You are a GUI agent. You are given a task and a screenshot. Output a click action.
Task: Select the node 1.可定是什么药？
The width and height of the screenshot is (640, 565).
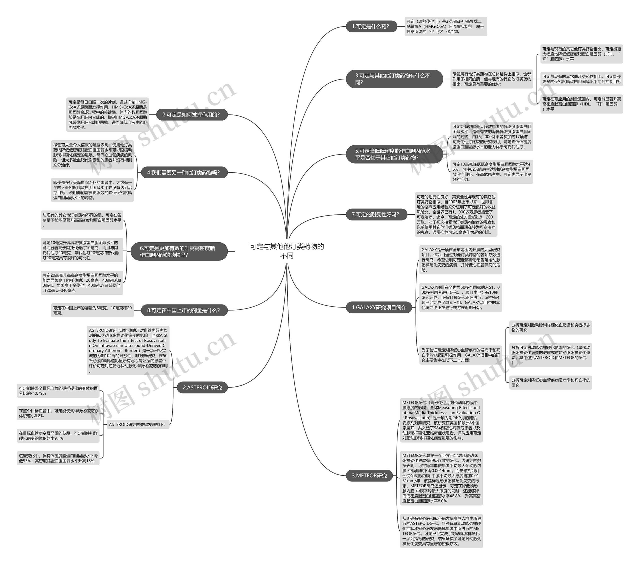point(371,26)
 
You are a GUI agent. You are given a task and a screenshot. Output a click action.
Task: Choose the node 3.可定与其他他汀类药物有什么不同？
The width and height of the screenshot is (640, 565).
point(394,79)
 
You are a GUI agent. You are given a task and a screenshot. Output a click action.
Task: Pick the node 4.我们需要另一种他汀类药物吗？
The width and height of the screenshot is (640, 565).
point(184,172)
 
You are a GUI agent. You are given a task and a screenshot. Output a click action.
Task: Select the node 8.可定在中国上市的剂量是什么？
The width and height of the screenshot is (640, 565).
point(184,310)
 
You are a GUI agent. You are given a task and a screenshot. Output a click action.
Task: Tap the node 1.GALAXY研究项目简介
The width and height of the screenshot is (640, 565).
point(379,307)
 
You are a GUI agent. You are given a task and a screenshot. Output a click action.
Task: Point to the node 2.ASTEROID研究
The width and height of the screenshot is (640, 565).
point(202,387)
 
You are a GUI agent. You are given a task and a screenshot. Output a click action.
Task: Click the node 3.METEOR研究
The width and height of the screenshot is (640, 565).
point(369,475)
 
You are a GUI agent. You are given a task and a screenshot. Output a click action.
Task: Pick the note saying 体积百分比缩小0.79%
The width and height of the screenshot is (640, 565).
point(58,390)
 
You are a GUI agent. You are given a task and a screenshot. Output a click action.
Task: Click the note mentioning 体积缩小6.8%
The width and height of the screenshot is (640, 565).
point(58,413)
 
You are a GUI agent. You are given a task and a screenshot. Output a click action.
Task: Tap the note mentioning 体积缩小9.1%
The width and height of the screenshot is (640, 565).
point(58,436)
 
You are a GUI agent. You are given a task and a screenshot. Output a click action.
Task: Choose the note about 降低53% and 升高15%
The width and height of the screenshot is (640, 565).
point(58,458)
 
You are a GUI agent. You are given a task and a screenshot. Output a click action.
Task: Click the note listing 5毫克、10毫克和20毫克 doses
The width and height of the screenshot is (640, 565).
point(92,310)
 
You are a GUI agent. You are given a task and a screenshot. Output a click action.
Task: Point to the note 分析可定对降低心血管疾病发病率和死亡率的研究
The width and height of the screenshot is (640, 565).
point(550,382)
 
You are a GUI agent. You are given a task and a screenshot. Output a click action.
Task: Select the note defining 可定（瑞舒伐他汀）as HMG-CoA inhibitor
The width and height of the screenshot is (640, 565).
point(445,26)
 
